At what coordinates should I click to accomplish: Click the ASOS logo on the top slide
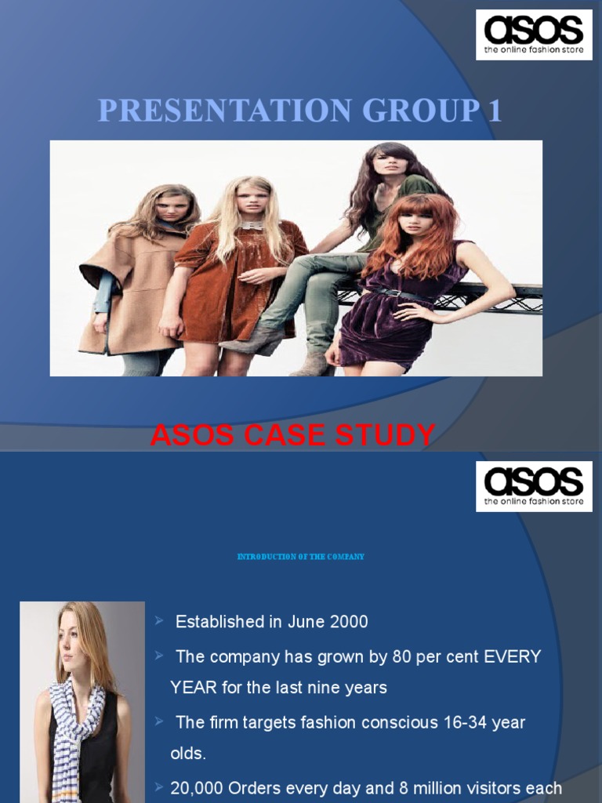[534, 35]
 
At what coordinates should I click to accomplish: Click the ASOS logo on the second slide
[534, 486]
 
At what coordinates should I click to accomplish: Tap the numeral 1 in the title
[494, 111]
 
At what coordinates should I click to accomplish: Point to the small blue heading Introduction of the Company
[301, 557]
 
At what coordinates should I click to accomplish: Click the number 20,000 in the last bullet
[198, 788]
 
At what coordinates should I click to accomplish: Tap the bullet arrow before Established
[159, 621]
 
